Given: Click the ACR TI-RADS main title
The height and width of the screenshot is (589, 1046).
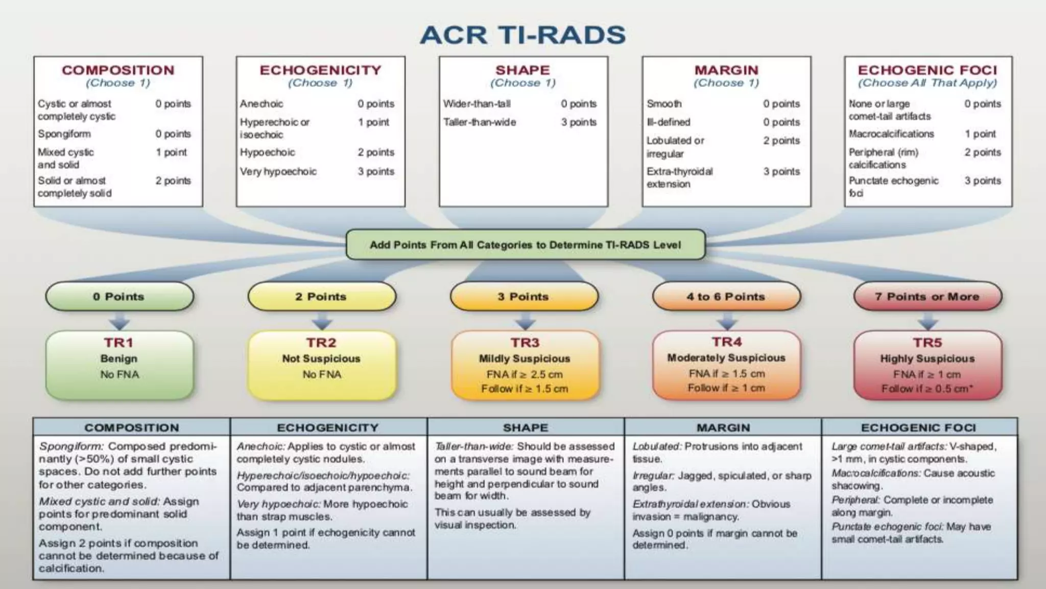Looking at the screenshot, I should (x=522, y=35).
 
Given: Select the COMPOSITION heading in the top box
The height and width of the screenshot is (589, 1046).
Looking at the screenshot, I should (x=118, y=70).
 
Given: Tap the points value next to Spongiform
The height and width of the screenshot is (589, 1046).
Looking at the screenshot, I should (x=173, y=134).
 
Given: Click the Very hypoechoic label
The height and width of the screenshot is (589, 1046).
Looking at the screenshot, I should (x=278, y=172).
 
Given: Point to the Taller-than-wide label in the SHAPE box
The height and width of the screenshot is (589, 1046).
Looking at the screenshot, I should (x=480, y=122).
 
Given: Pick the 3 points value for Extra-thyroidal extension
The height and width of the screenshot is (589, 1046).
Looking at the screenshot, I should (x=781, y=172).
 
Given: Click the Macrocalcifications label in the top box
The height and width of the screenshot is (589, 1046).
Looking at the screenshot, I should (x=891, y=134).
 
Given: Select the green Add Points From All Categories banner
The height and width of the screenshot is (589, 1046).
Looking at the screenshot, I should (x=525, y=245).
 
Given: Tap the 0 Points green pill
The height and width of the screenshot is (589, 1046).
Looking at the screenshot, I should (x=119, y=297).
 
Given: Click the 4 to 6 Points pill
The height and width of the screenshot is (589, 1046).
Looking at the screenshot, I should (x=726, y=297).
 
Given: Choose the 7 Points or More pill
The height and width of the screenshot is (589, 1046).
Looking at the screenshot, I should (x=927, y=297).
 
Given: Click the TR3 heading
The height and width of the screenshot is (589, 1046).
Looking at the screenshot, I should (x=525, y=343).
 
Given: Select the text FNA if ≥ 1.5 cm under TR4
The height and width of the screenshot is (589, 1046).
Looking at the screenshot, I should (x=726, y=374).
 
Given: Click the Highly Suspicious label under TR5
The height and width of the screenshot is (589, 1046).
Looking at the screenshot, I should (x=927, y=358).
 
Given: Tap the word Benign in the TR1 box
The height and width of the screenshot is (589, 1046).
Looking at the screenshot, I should (x=119, y=358).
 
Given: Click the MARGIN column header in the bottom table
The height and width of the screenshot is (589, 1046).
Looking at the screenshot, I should (x=723, y=427).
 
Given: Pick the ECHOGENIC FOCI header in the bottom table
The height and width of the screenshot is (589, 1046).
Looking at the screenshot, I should (x=918, y=427).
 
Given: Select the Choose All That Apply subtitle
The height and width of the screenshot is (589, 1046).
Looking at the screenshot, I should (x=927, y=83).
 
